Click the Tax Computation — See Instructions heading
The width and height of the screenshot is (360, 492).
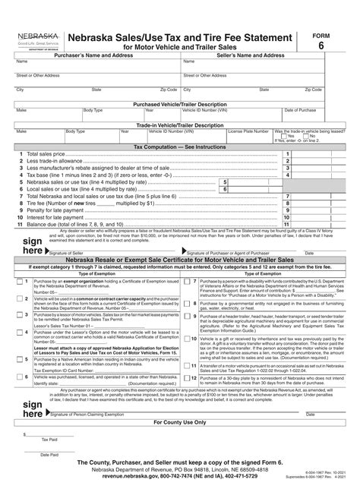[x=179, y=147]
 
